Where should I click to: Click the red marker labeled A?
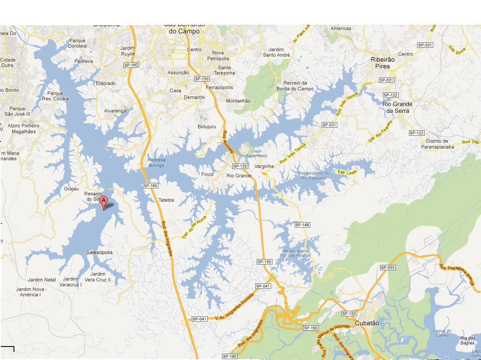(104, 202)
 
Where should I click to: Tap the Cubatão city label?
(367, 323)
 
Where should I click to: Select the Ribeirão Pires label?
(382, 63)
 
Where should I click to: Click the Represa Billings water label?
(156, 163)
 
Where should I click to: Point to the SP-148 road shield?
(302, 225)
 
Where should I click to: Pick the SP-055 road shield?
(388, 268)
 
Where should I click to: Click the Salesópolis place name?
(100, 252)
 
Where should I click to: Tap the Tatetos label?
(166, 200)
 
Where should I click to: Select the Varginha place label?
(264, 166)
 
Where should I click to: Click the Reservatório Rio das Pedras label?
(295, 253)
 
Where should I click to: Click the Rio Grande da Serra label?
(397, 107)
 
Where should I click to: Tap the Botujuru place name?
(207, 127)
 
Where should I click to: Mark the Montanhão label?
(238, 101)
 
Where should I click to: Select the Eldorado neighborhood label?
(106, 83)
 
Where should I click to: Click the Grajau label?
(71, 189)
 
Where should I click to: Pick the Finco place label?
(207, 174)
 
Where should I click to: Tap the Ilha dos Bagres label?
(467, 341)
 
